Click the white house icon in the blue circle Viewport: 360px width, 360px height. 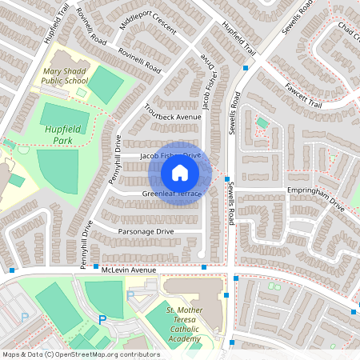(x=179, y=172)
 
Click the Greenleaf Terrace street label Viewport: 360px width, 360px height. (x=170, y=194)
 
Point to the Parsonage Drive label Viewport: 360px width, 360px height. (x=146, y=231)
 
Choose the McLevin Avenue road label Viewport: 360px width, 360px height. (x=128, y=270)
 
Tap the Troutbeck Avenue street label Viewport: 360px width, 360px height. (x=172, y=113)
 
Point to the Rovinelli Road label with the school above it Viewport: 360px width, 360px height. (x=139, y=62)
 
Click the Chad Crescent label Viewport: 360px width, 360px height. (x=348, y=34)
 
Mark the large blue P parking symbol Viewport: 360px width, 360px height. (x=102, y=319)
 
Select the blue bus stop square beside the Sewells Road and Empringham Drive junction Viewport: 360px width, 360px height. (x=227, y=179)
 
